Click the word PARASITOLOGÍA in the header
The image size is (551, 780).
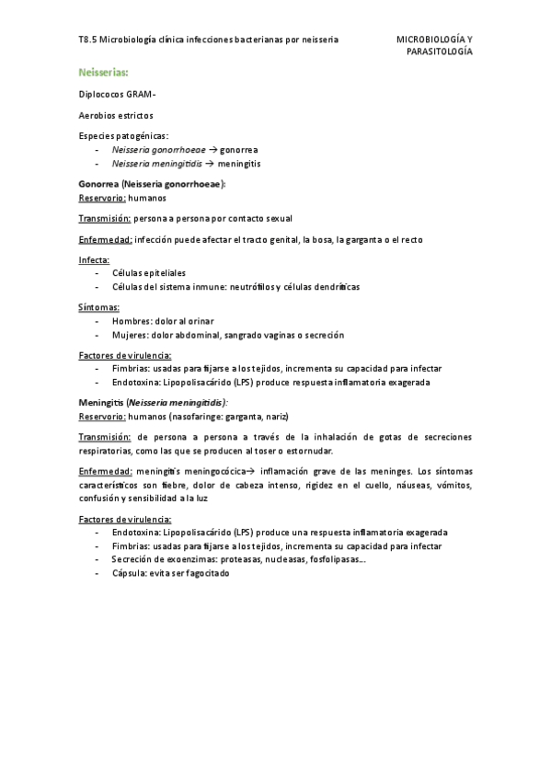pyautogui.click(x=440, y=52)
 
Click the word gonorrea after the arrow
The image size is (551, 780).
pyautogui.click(x=239, y=149)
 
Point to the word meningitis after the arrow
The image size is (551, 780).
pyautogui.click(x=242, y=163)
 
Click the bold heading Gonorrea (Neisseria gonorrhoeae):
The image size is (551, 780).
pyautogui.click(x=152, y=184)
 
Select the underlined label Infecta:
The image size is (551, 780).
pyautogui.click(x=94, y=260)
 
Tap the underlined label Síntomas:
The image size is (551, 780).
pyautogui.click(x=99, y=307)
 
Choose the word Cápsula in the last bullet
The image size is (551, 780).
pyautogui.click(x=131, y=572)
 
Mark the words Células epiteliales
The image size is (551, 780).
pyautogui.click(x=148, y=273)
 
